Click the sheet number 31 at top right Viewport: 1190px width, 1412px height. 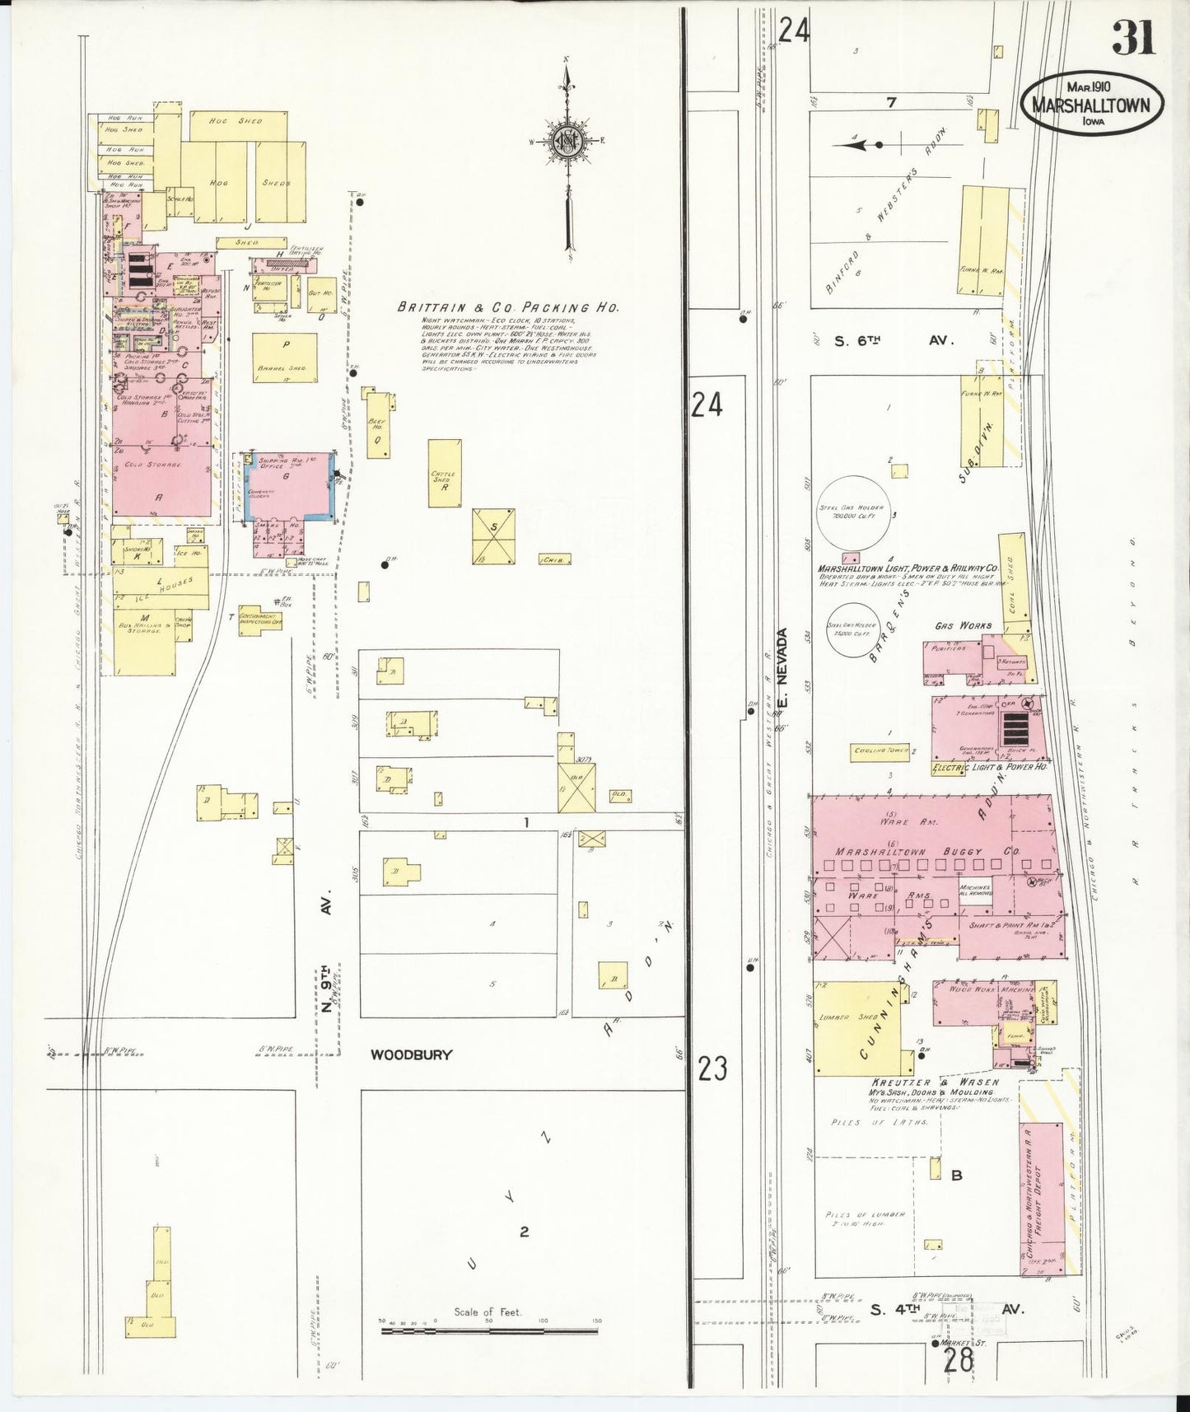tap(1133, 37)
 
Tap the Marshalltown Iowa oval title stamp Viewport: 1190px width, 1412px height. tap(1094, 105)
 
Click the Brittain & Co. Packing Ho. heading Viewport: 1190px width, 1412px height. tap(507, 307)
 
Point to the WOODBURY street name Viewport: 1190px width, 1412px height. tap(411, 1054)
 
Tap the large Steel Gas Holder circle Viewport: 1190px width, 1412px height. tap(851, 513)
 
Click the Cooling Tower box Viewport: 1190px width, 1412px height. tap(880, 750)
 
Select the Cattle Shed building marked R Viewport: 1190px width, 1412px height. tap(444, 473)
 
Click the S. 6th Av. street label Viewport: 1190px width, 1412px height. tap(893, 340)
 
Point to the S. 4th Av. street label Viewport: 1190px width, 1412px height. tap(947, 1308)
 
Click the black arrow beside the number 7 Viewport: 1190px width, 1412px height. tap(856, 145)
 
